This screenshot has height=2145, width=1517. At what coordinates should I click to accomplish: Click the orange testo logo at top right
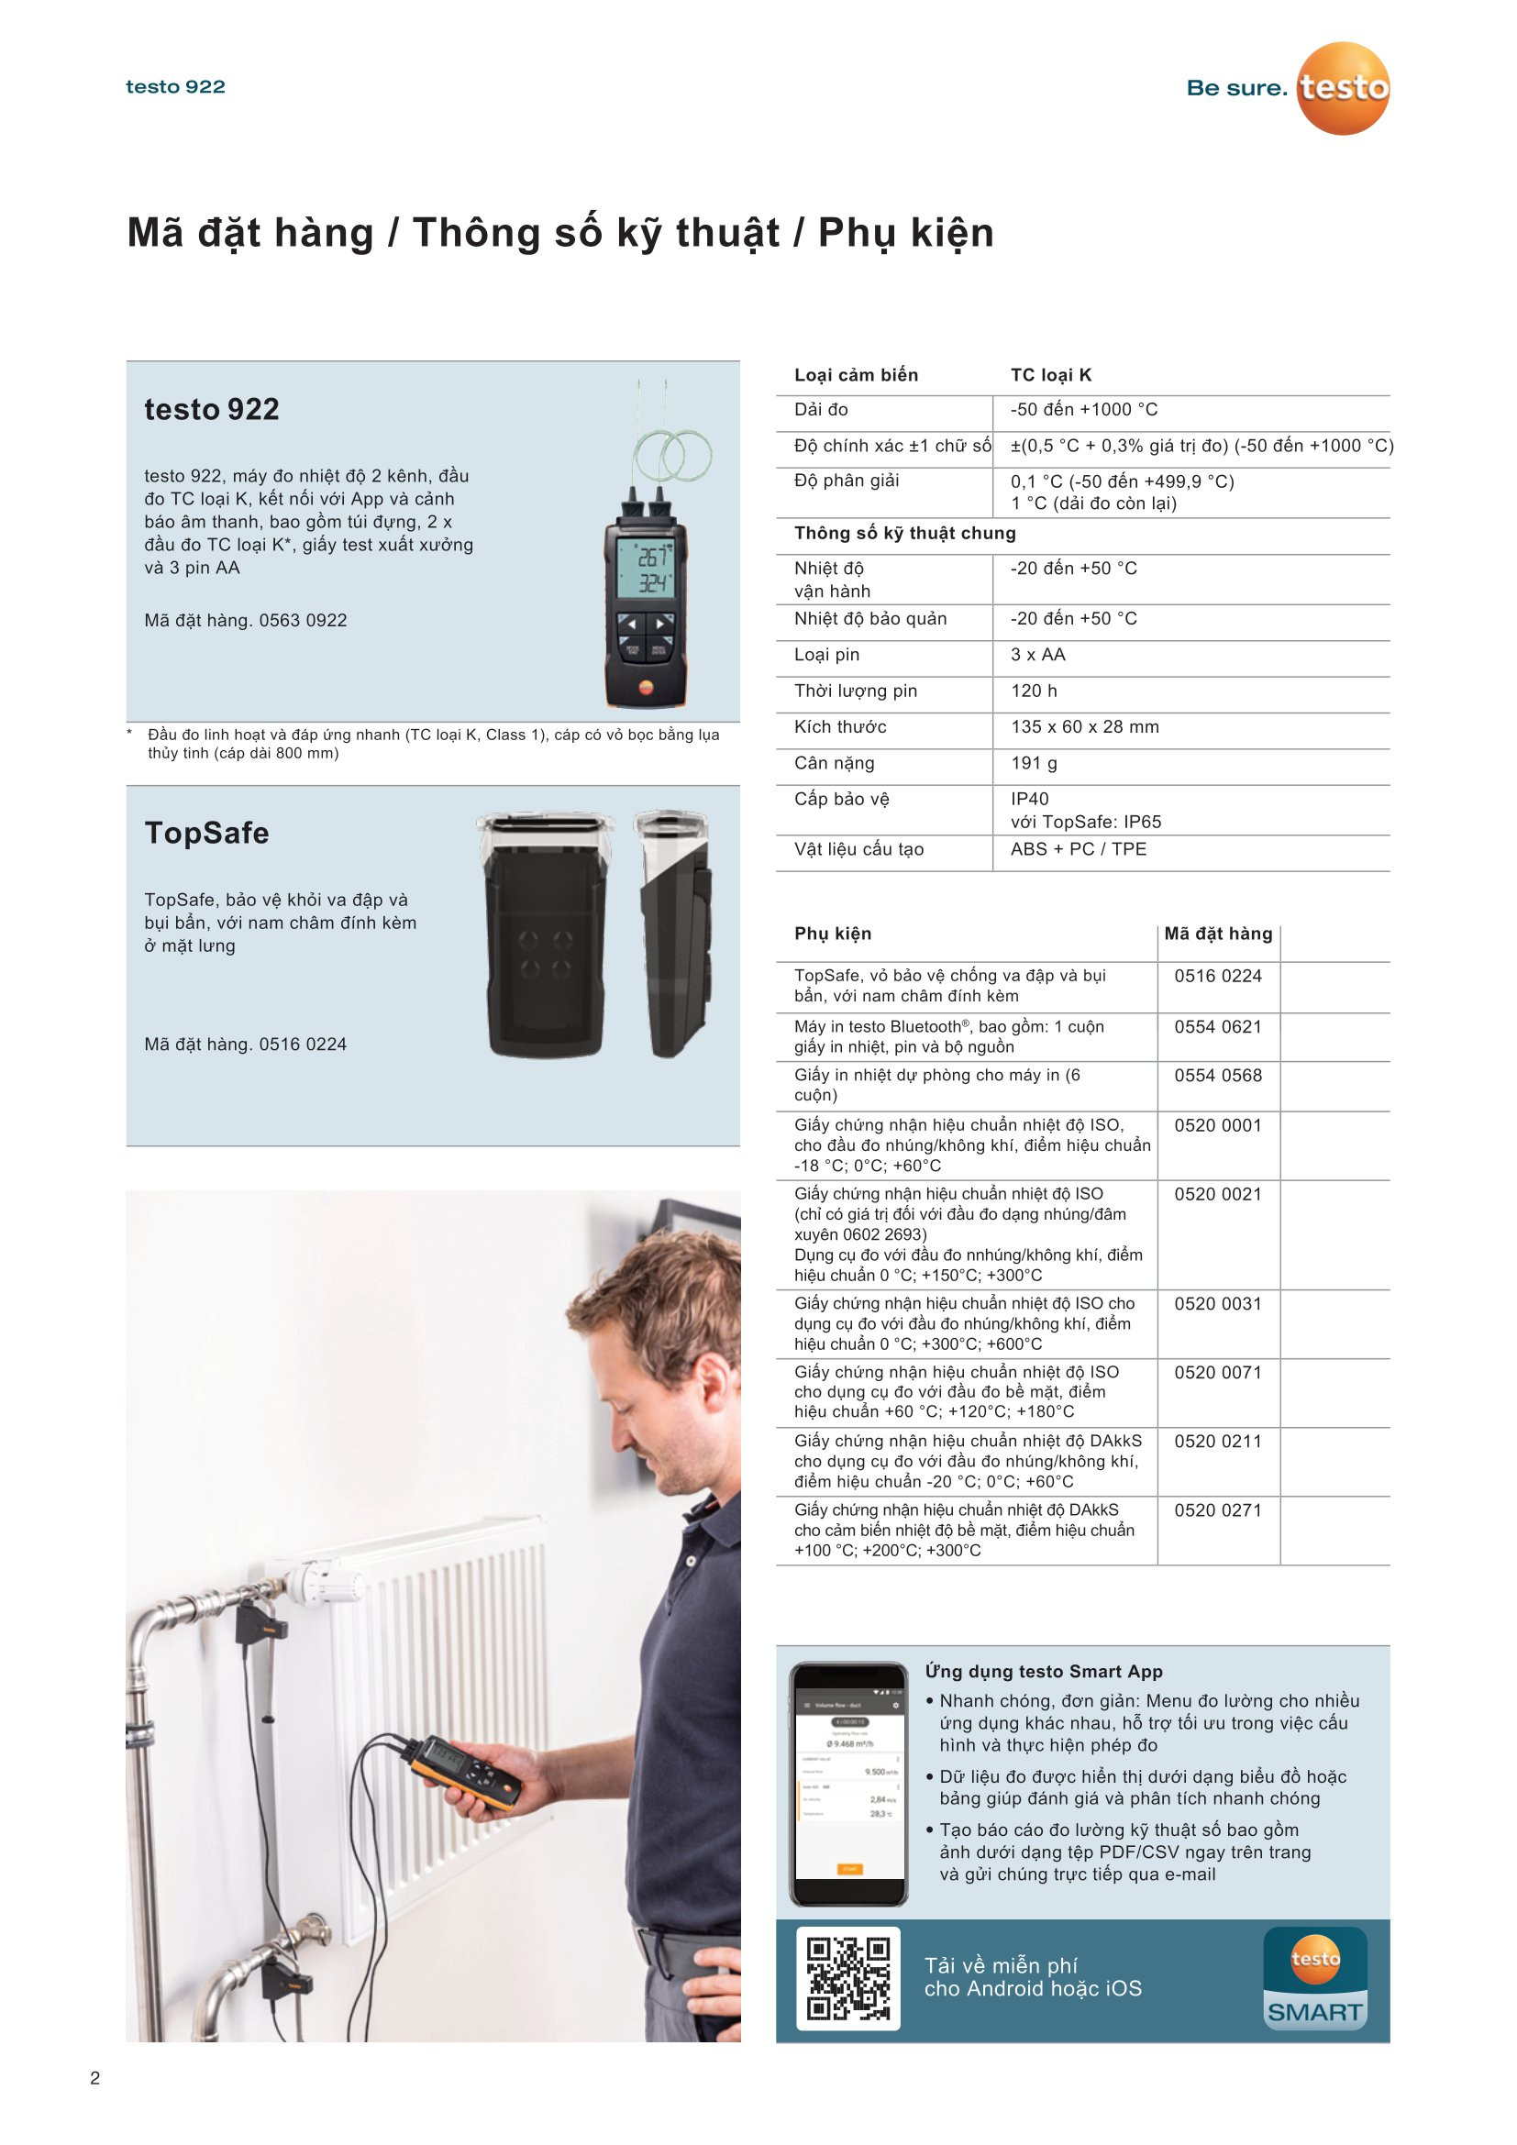[1343, 88]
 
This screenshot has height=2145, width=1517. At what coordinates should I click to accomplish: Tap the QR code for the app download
[847, 1978]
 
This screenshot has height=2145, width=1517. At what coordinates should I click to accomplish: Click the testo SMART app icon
[1314, 1978]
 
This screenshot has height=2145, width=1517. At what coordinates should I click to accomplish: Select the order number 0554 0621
[1217, 1027]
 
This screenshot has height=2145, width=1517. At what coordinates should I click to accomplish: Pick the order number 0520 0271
[1217, 1509]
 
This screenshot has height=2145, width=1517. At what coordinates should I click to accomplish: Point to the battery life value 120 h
[1034, 691]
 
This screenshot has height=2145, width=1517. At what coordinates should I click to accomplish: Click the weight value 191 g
[1034, 763]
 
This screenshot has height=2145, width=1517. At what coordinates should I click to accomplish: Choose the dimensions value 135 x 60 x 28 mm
[1083, 727]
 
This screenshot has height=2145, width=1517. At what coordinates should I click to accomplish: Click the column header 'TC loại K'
[1051, 376]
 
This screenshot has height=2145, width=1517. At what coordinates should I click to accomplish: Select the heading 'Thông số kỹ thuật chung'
[904, 534]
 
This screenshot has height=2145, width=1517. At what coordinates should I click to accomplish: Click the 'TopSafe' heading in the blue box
[206, 833]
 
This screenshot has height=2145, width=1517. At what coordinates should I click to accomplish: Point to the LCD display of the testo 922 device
[645, 569]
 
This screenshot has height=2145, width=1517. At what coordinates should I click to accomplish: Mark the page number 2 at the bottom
[94, 2078]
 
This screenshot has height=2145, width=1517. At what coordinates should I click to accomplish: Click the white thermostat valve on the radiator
[313, 1579]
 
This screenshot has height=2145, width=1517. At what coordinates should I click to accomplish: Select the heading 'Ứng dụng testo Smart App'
[1044, 1672]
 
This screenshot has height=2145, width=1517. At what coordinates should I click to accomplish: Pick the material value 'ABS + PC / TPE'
[1078, 849]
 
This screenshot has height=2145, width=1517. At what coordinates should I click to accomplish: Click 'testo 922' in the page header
[175, 87]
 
